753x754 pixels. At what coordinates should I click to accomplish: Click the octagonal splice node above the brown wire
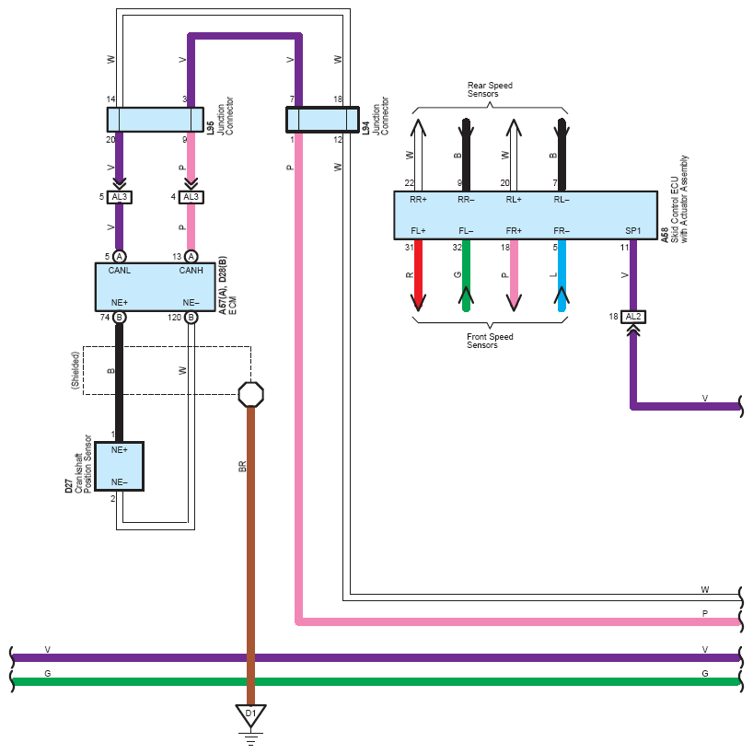click(x=250, y=395)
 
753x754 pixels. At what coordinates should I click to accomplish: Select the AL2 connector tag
click(x=632, y=317)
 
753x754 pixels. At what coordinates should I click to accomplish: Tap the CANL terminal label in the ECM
click(x=121, y=271)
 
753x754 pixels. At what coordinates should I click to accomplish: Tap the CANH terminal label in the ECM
click(x=191, y=271)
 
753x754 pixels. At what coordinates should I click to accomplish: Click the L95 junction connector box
click(x=155, y=120)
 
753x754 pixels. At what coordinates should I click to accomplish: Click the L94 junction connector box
click(x=322, y=120)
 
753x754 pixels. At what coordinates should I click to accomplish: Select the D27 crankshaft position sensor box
click(x=119, y=466)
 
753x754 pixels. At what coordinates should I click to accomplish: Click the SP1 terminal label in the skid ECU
click(x=632, y=230)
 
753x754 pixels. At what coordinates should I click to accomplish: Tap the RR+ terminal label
click(x=419, y=200)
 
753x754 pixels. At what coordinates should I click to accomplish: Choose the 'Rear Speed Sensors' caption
click(x=490, y=89)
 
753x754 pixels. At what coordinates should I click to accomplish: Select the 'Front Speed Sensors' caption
click(x=490, y=342)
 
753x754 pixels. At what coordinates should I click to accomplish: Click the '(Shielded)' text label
click(x=76, y=371)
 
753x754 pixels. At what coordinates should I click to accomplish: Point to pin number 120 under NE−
click(x=174, y=318)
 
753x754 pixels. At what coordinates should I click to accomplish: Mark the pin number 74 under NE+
click(x=105, y=318)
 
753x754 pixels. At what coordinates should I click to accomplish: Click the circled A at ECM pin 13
click(x=191, y=256)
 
